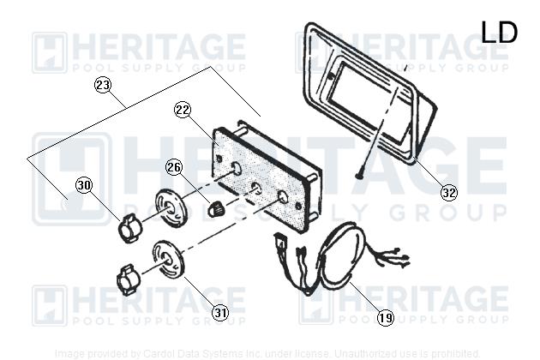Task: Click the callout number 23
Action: (x=104, y=86)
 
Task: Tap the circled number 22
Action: (x=182, y=110)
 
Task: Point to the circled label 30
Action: (x=84, y=184)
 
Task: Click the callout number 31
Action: (x=221, y=313)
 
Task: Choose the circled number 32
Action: (x=448, y=192)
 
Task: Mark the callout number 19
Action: (x=386, y=318)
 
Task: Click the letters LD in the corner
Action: (x=499, y=33)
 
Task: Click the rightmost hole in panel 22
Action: (x=282, y=196)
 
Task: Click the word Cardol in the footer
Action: (x=160, y=352)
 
